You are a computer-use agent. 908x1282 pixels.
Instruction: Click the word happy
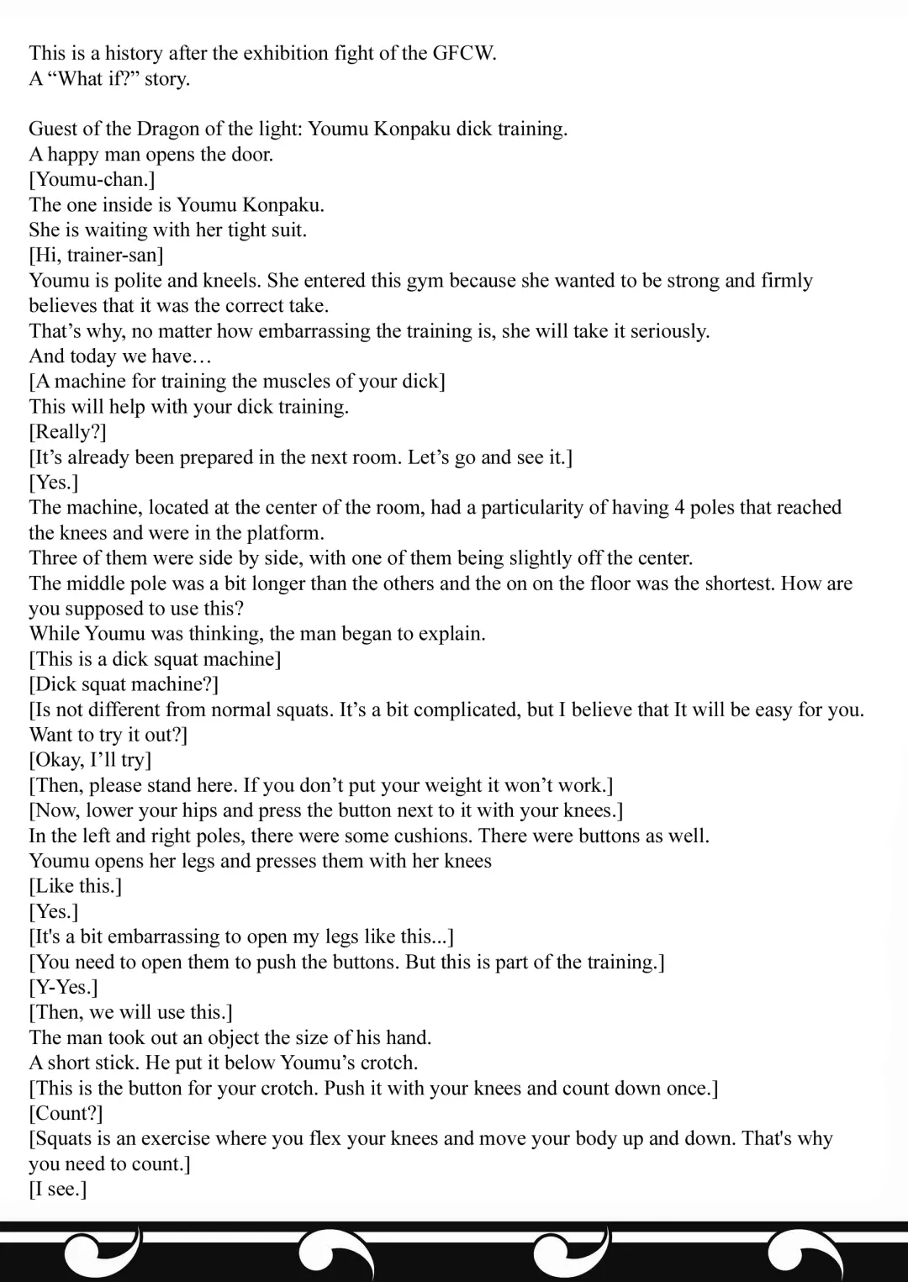coord(79,154)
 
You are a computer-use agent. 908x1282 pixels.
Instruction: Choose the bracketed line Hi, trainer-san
coord(96,255)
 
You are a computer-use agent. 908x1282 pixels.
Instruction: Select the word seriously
coord(669,330)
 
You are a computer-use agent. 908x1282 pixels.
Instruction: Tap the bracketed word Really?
coord(67,431)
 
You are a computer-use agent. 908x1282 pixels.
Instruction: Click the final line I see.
coord(57,1189)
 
